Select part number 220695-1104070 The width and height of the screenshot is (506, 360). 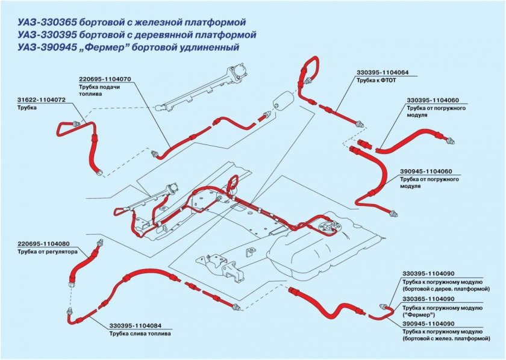105,79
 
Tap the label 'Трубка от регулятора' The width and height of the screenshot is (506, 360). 45,253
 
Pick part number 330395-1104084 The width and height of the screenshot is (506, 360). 135,325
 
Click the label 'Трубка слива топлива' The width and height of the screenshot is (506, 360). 139,333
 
